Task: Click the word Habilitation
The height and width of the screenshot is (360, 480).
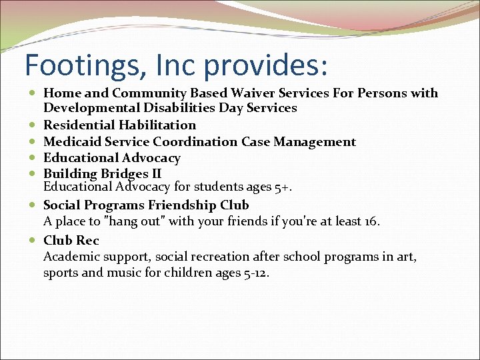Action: pyautogui.click(x=157, y=125)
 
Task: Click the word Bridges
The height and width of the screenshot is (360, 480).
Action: pyautogui.click(x=123, y=174)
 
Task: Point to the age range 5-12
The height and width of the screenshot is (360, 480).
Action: pyautogui.click(x=257, y=273)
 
